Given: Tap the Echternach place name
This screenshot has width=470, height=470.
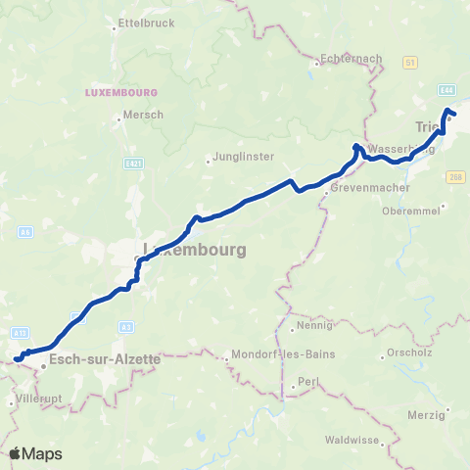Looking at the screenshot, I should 350,59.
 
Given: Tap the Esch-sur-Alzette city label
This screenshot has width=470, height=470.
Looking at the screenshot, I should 104,359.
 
